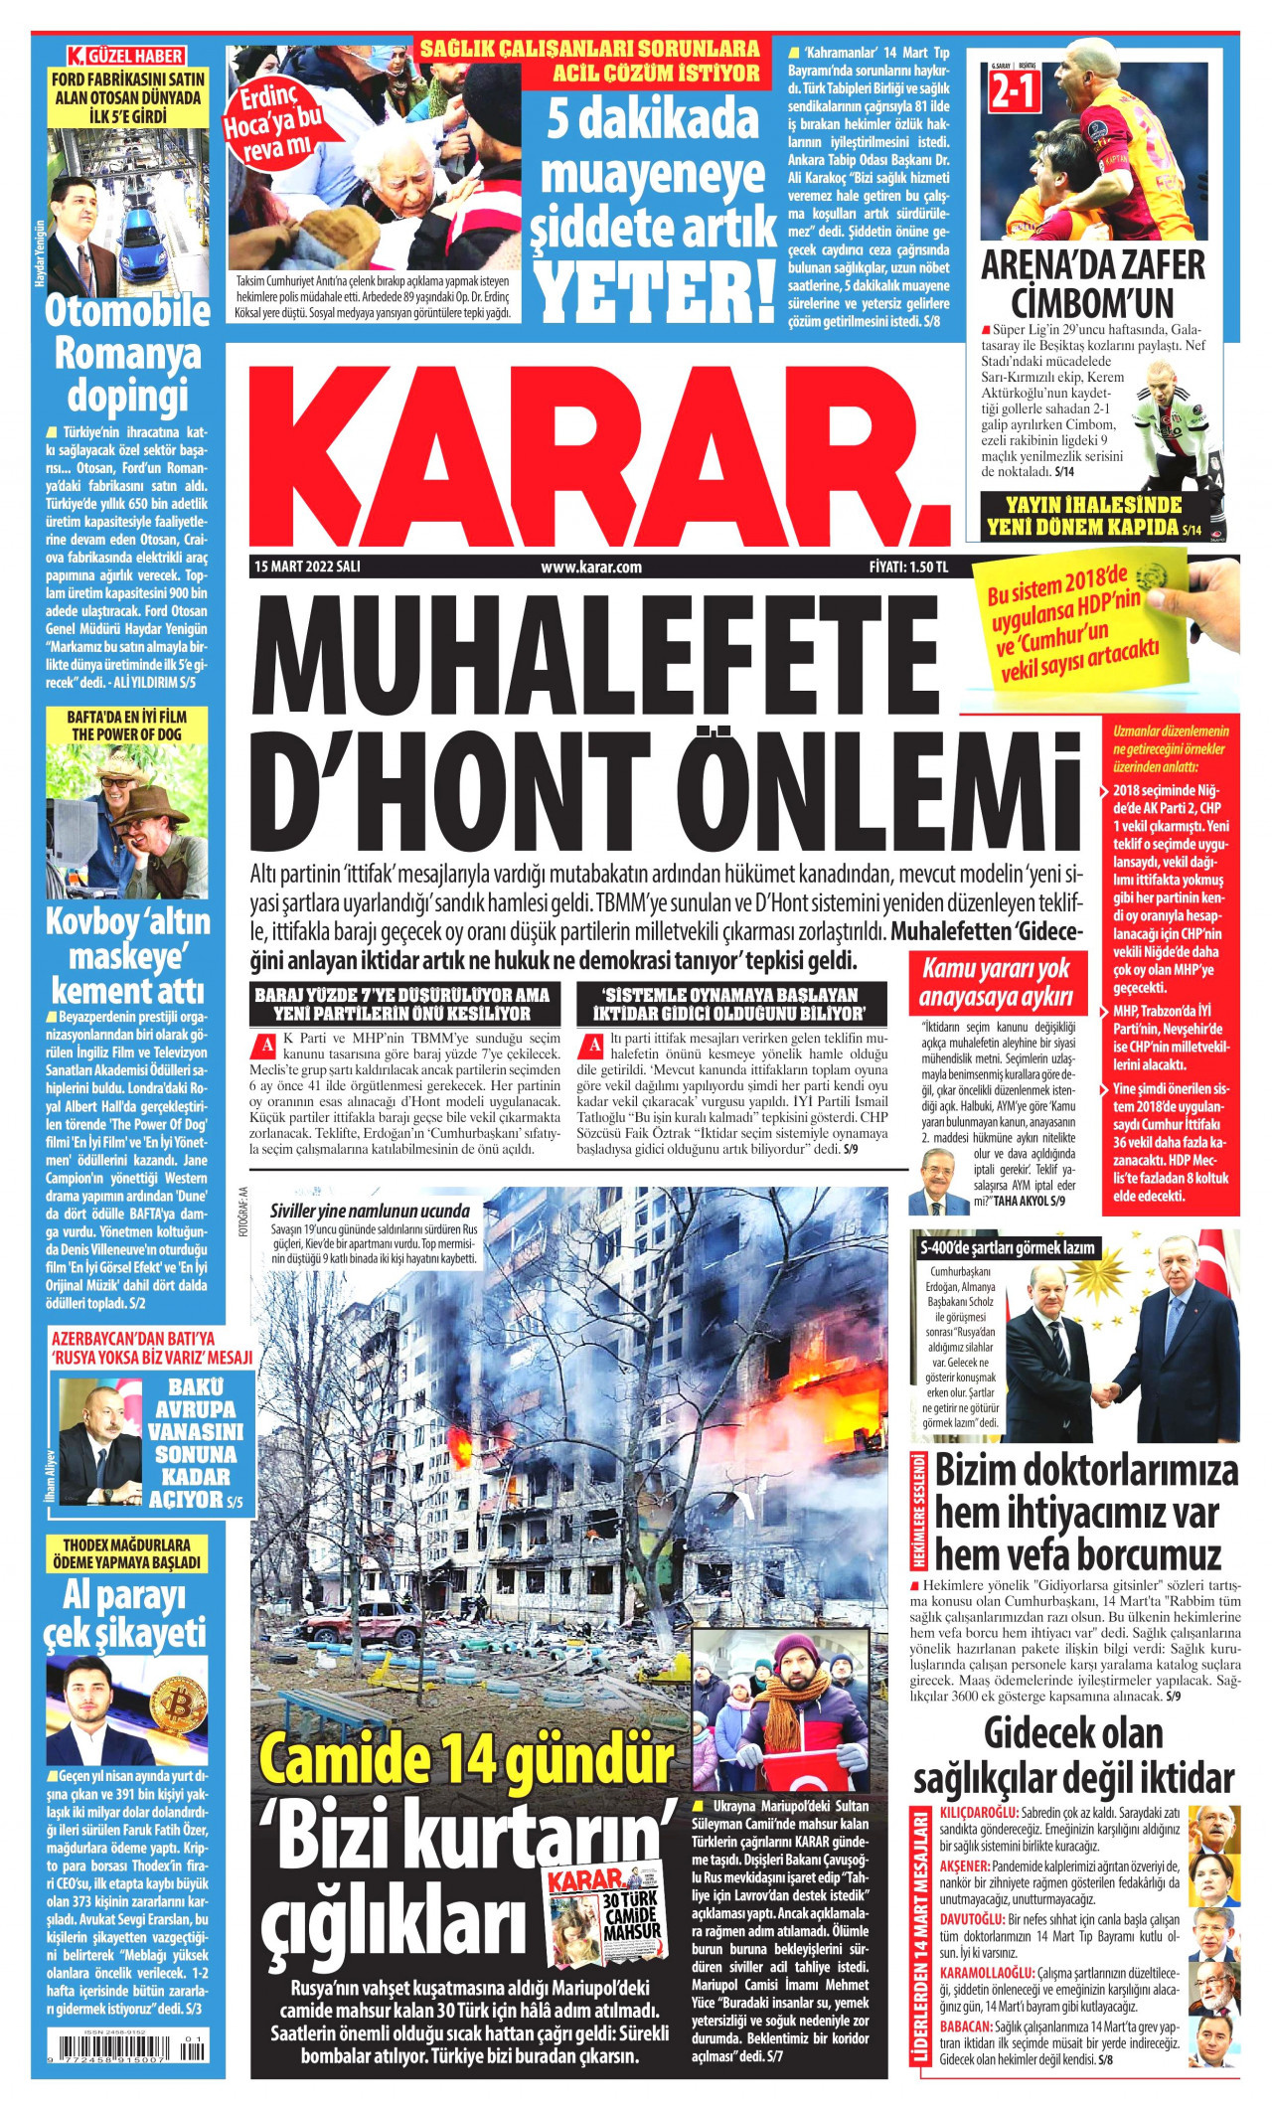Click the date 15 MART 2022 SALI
coord(307,567)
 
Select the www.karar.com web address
coord(591,567)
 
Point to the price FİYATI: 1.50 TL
coord(908,567)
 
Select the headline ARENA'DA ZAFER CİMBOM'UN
coord(1092,284)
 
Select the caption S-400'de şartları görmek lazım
coord(1009,1247)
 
